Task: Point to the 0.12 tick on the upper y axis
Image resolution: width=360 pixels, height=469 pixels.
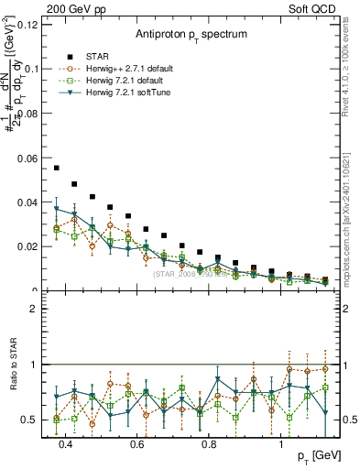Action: tap(27, 24)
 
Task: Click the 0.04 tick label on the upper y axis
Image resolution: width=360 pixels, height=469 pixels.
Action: tap(27, 202)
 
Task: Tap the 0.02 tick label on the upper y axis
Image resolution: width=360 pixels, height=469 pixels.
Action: tap(27, 246)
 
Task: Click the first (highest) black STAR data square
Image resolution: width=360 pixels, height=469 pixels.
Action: tap(57, 168)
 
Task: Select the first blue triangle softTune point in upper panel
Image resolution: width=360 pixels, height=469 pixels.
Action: tap(57, 209)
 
